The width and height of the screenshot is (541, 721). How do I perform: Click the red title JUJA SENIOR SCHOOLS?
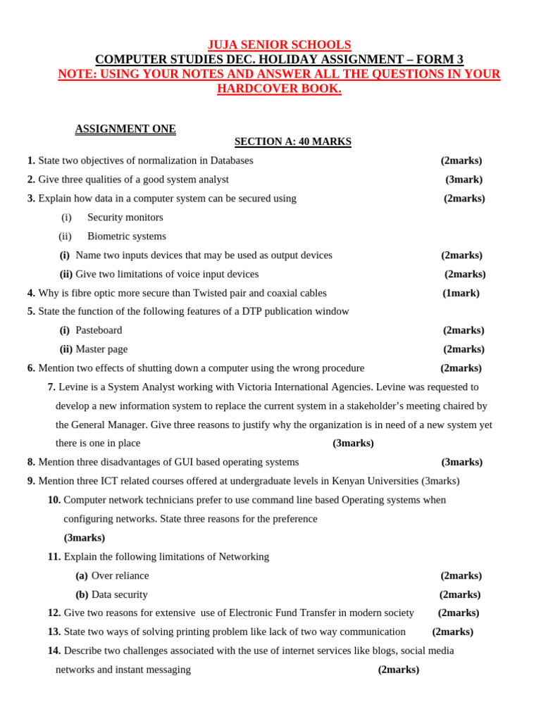coord(279,45)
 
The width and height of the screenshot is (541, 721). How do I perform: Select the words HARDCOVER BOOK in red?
coord(279,89)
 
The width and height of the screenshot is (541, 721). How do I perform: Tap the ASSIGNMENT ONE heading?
coord(125,129)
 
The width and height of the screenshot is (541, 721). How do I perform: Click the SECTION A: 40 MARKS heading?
coord(292,142)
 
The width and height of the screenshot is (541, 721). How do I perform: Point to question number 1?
coord(31,161)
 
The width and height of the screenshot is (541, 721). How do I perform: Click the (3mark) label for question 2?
coord(464,180)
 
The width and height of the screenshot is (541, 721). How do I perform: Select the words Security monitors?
coord(125,218)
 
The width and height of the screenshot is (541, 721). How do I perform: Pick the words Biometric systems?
coord(127,237)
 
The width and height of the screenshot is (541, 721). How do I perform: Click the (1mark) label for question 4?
coord(461,293)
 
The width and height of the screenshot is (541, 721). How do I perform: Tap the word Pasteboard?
coord(99,330)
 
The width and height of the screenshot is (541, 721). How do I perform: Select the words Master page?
coord(101,349)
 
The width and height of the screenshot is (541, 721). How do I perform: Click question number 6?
coord(31,368)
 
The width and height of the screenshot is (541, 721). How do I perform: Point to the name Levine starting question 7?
coord(73,387)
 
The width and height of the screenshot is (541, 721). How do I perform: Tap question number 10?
coord(54,500)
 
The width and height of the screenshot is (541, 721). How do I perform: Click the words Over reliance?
coord(120,576)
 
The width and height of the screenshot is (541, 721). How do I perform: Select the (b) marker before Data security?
coord(82,595)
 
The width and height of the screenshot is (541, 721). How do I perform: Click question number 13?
coord(54,632)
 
